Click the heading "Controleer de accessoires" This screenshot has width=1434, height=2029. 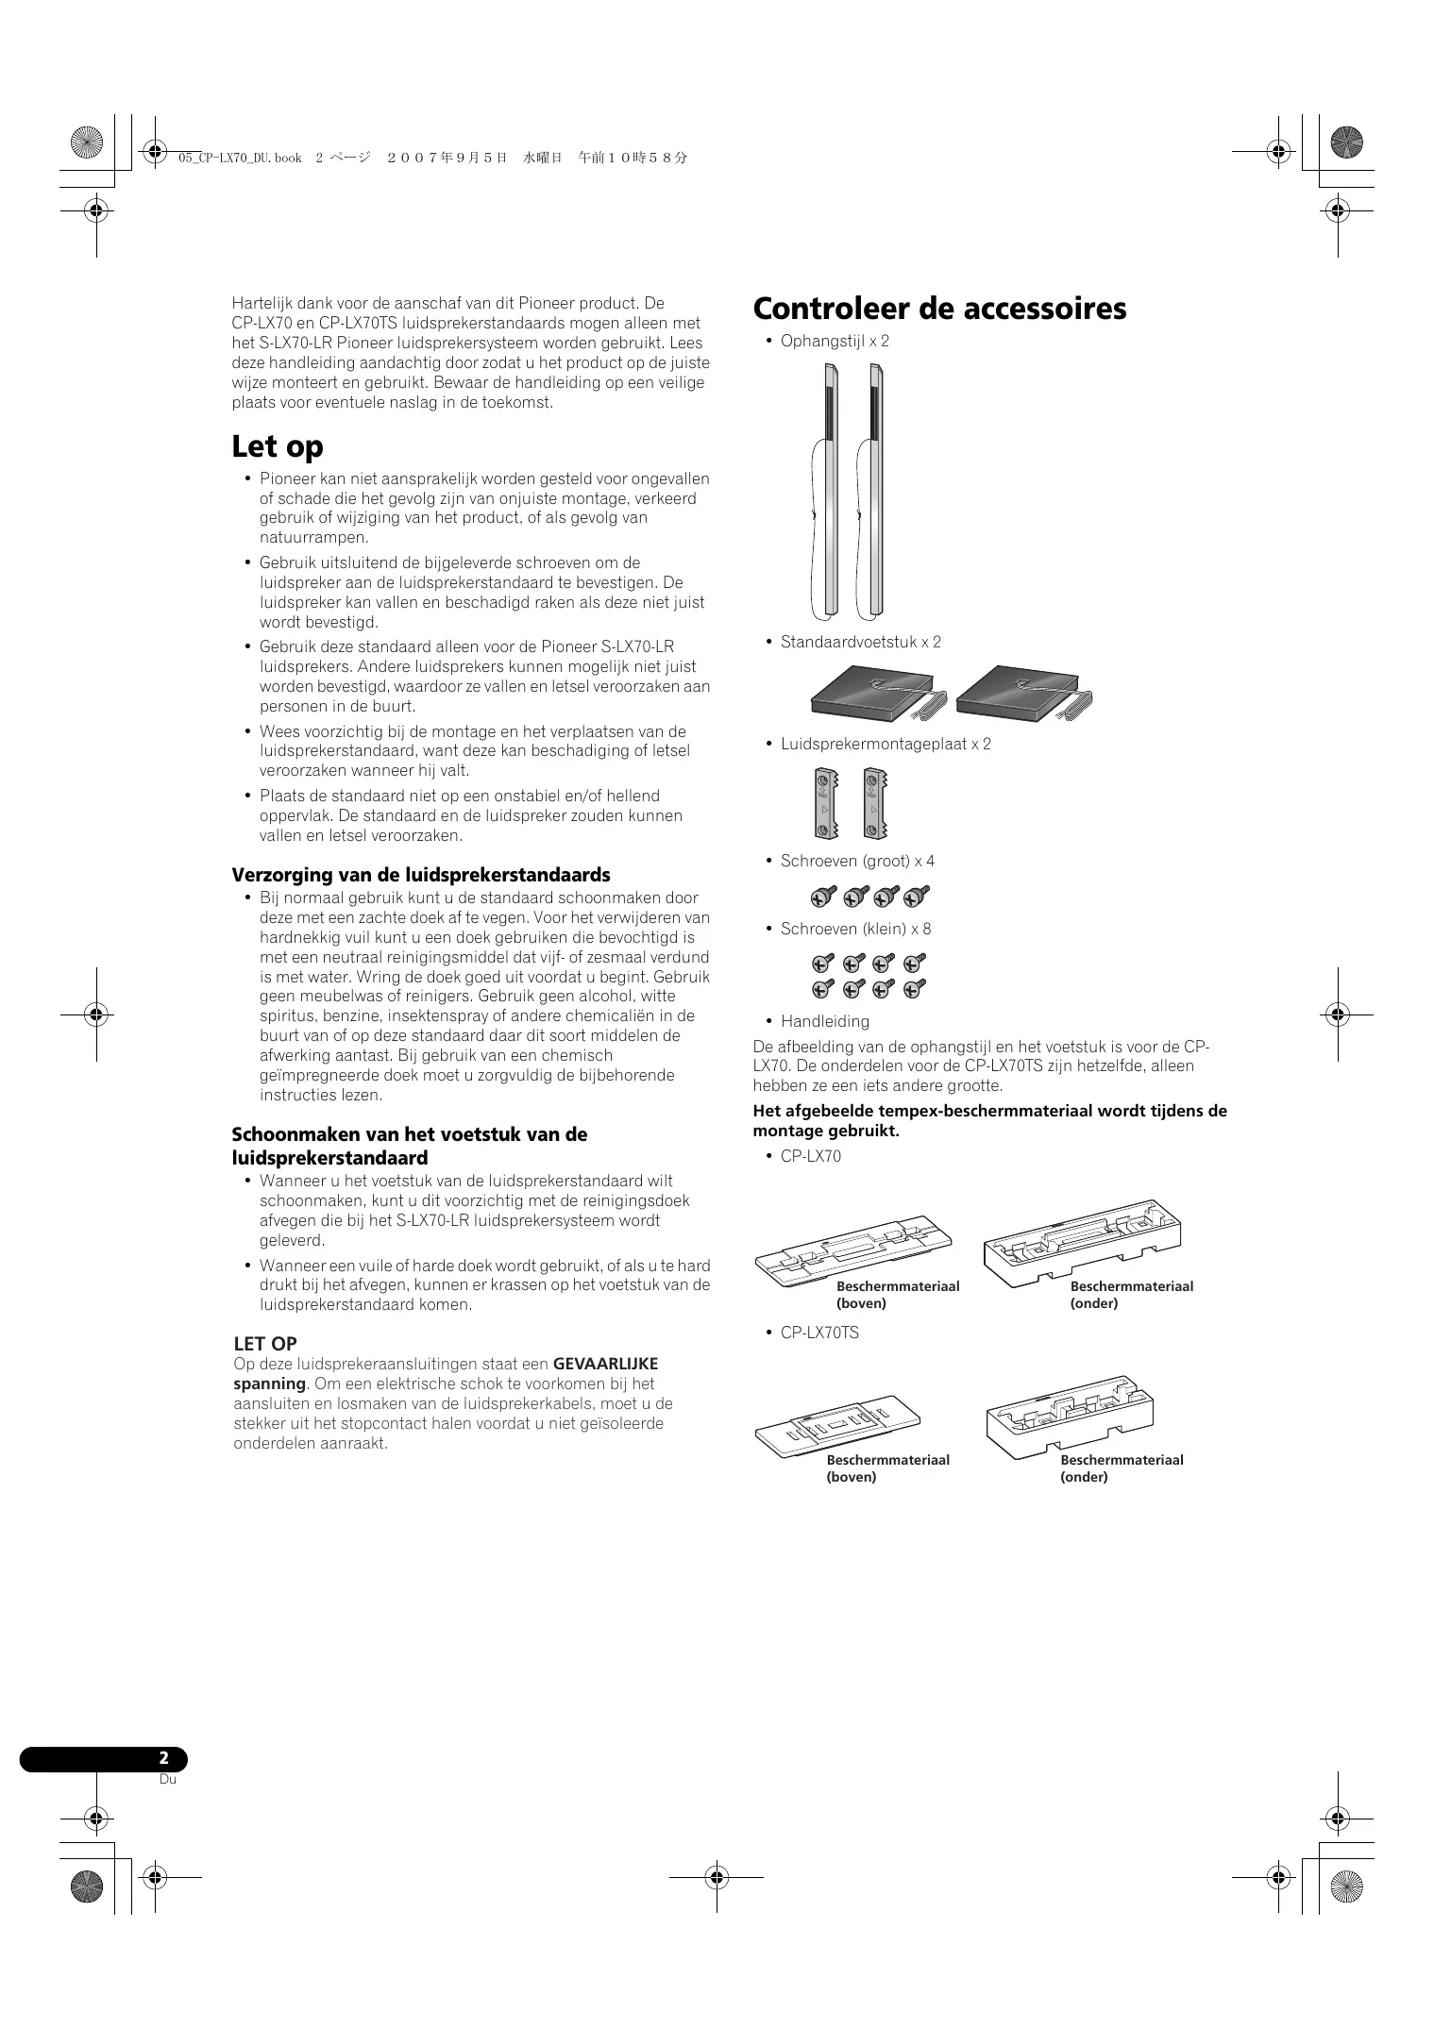pyautogui.click(x=939, y=309)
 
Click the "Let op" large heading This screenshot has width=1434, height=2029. pyautogui.click(x=278, y=446)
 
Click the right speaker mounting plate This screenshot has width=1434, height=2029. pyautogui.click(x=875, y=803)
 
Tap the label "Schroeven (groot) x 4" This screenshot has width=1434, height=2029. pyautogui.click(x=857, y=861)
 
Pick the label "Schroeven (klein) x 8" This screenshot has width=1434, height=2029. pyautogui.click(x=855, y=929)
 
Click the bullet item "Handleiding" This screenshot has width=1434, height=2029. pyautogui.click(x=824, y=1021)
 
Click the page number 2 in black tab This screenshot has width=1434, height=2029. pyautogui.click(x=163, y=1758)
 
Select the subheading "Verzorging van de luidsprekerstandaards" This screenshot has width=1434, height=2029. pyautogui.click(x=421, y=875)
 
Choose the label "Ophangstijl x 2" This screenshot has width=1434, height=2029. pyautogui.click(x=835, y=341)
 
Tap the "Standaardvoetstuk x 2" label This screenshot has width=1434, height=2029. pyautogui.click(x=860, y=642)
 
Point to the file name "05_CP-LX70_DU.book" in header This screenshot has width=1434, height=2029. pyautogui.click(x=240, y=159)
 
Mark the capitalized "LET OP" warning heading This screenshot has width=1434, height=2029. pyautogui.click(x=265, y=1344)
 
